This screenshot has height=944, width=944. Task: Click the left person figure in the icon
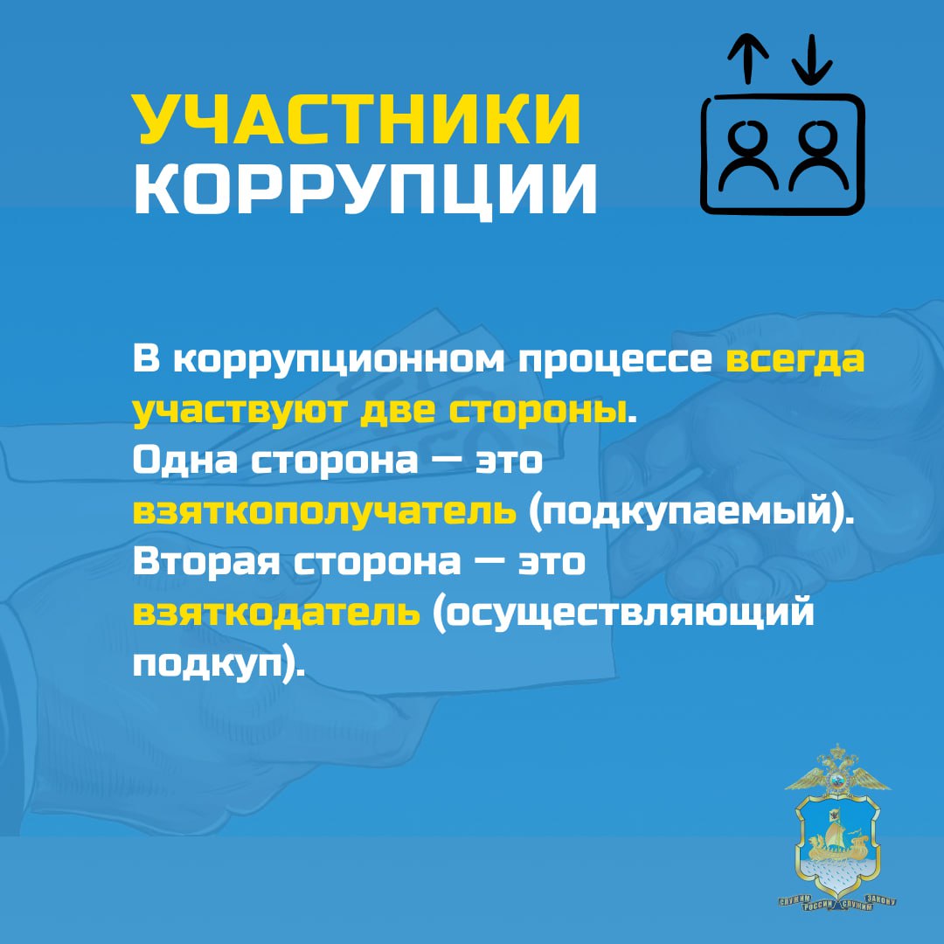[x=748, y=157]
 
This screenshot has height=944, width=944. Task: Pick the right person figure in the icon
[x=817, y=157]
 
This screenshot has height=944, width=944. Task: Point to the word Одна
[x=185, y=460]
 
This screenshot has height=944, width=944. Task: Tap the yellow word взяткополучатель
[x=324, y=511]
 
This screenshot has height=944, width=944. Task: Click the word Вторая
[x=206, y=562]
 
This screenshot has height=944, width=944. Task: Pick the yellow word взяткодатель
[x=276, y=612]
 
